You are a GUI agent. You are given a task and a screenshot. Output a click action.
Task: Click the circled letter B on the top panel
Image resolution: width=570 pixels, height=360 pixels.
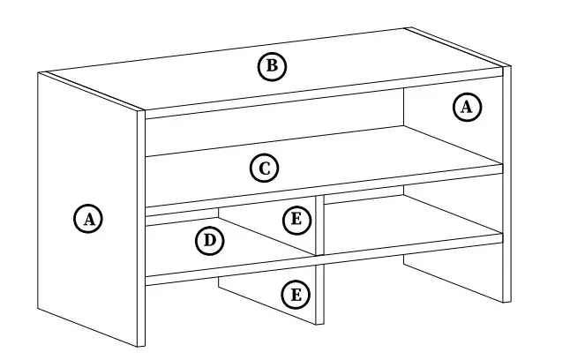tap(273, 66)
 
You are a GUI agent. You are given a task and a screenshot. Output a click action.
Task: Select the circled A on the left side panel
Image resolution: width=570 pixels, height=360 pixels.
tap(87, 218)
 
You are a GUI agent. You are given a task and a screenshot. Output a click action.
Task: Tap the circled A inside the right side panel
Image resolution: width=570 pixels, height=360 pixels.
tap(466, 108)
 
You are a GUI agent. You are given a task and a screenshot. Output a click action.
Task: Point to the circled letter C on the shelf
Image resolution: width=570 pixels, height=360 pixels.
tap(264, 167)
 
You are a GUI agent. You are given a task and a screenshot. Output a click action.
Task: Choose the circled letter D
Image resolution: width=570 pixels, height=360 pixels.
tap(209, 240)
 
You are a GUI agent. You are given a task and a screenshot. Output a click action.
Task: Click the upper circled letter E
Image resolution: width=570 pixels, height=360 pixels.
tap(296, 220)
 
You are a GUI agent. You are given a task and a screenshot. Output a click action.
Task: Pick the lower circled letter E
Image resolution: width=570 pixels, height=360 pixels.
tap(296, 294)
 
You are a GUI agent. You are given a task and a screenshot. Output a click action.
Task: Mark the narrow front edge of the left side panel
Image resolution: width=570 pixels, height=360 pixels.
tap(140, 229)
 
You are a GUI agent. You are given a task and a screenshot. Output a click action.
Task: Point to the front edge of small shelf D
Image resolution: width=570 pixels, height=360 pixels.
tap(181, 212)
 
